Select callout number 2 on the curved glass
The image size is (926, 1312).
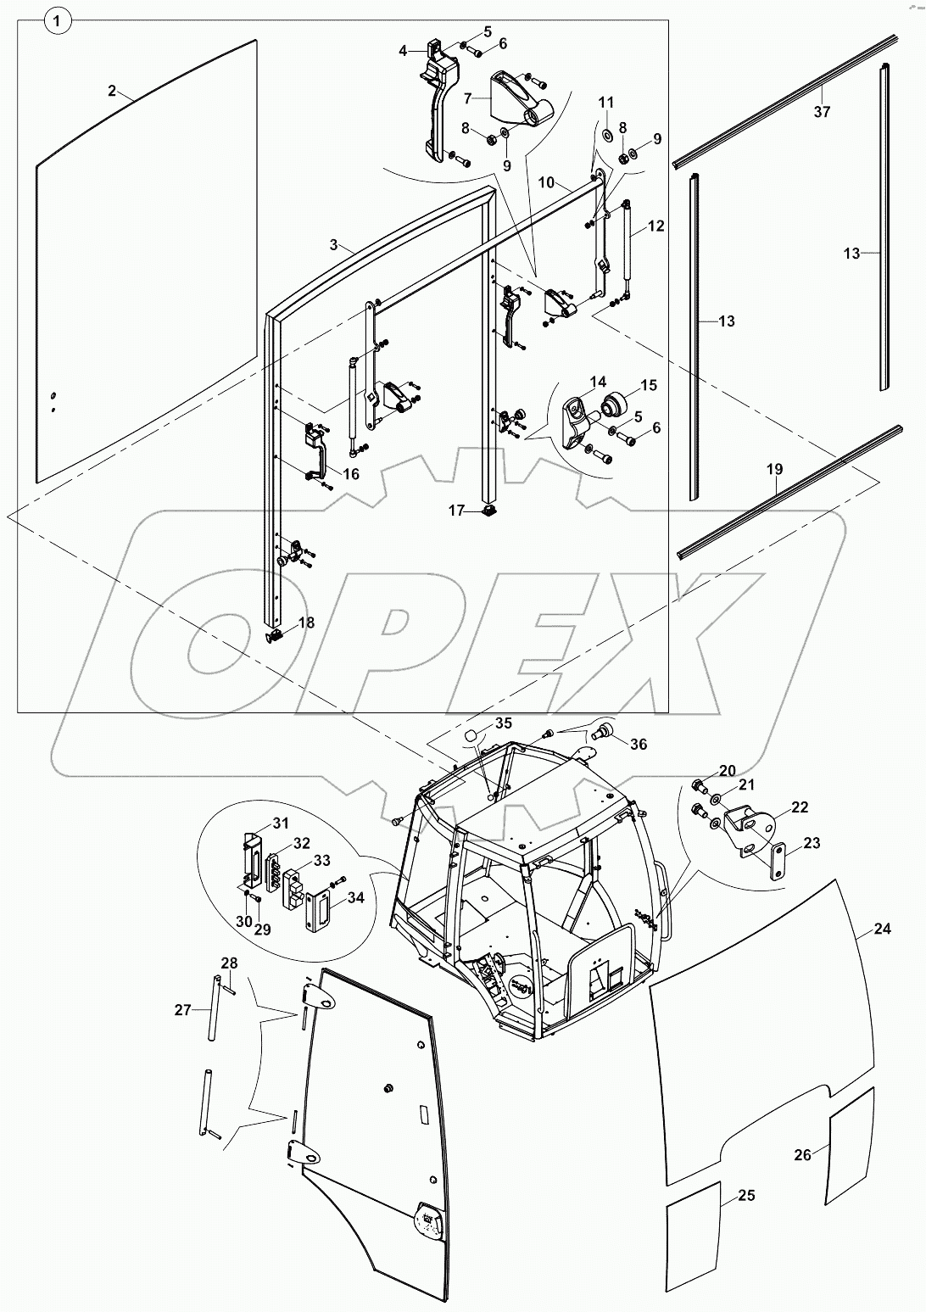point(112,91)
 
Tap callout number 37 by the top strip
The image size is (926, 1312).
point(822,111)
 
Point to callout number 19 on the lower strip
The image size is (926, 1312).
point(774,469)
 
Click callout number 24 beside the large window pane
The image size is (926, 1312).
point(882,929)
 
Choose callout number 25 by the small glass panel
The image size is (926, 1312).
point(746,1196)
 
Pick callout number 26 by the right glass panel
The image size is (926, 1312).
point(802,1153)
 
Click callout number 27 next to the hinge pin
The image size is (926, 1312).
point(183,1009)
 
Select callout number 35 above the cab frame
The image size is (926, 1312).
point(504,723)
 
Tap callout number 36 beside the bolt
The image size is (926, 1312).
point(638,743)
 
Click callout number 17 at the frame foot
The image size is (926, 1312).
point(457,510)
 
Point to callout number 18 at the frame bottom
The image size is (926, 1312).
point(306,623)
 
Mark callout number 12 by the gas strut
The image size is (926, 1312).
point(656,226)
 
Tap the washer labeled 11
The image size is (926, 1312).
point(608,135)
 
